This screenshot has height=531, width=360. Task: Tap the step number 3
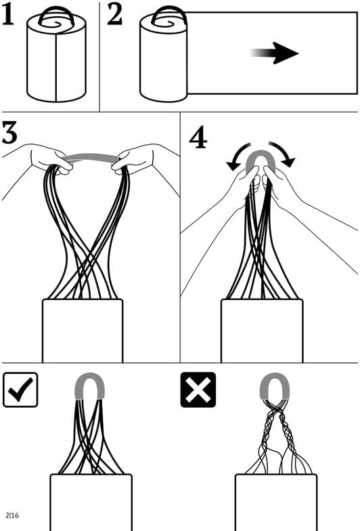coord(9,132)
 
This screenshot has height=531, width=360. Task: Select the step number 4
coord(198,138)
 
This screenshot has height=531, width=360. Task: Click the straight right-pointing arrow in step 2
coord(274,53)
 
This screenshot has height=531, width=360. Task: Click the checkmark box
coord(20,389)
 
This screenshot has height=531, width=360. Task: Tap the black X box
coord(198,389)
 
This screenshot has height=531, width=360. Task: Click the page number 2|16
coord(12,515)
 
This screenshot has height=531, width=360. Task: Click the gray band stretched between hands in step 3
coord(91,157)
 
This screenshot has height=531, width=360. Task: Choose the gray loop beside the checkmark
coord(89,375)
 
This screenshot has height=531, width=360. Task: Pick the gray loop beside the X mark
coord(275,375)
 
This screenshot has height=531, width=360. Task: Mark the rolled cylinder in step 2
coord(164,61)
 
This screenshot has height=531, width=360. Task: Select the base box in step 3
coord(83,331)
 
